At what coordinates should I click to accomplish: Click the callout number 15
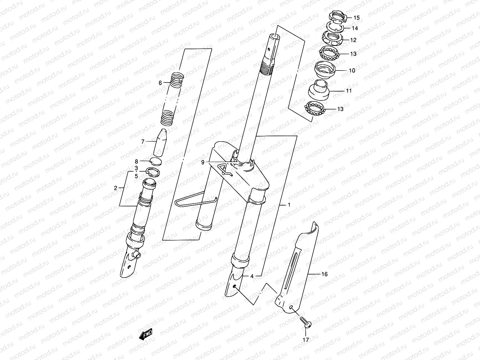[356, 18]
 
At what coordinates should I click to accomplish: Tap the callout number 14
[355, 28]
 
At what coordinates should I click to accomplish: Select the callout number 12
[353, 40]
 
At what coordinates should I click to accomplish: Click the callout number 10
[352, 70]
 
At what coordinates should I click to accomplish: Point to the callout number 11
[348, 91]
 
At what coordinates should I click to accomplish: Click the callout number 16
[324, 274]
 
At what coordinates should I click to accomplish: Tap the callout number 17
[306, 340]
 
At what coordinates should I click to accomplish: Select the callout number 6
[160, 83]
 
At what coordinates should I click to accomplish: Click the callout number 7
[143, 142]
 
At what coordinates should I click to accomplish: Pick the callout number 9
[203, 162]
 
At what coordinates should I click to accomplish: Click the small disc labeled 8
[156, 161]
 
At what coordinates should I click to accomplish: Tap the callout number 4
[252, 276]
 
